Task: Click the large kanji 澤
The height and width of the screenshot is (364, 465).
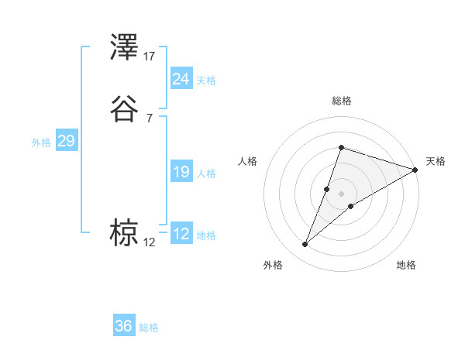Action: coord(125,48)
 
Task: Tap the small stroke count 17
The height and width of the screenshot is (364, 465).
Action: coord(150,56)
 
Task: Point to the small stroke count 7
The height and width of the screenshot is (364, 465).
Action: coord(149,118)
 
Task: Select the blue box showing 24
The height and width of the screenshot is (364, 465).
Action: coord(181,78)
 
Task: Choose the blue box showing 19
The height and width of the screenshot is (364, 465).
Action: coord(181,172)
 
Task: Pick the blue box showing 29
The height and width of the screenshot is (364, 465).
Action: coord(66,141)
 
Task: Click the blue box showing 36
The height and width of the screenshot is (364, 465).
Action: coord(124,326)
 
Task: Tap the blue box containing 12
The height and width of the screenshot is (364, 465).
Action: coord(181,234)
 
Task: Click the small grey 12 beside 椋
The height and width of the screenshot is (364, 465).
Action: coord(149,242)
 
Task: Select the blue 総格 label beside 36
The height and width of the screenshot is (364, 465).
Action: coord(149,328)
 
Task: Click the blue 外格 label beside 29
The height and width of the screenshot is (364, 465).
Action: coord(40,143)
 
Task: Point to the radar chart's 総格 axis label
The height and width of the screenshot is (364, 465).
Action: coord(341,101)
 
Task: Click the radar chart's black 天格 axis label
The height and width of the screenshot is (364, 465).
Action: coord(436,161)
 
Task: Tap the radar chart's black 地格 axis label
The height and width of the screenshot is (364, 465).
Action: coord(406,265)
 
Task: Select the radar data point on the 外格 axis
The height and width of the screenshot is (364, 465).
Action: coord(305,245)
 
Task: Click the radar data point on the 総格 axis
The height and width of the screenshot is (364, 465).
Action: coord(341,147)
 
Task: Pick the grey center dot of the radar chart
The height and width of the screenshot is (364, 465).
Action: coord(341,194)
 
